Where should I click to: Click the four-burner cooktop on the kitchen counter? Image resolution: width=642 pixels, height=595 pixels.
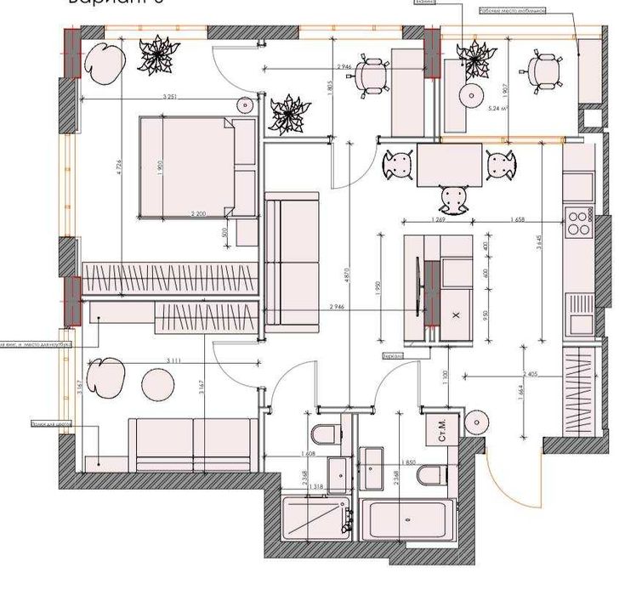point(579,223)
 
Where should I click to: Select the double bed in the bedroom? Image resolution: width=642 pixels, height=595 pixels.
point(196,167)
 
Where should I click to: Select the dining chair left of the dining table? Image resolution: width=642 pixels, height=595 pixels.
point(398,164)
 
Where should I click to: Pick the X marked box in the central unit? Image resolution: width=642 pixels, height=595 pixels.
point(456,314)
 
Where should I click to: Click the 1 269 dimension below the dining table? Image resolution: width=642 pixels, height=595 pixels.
point(439,220)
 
